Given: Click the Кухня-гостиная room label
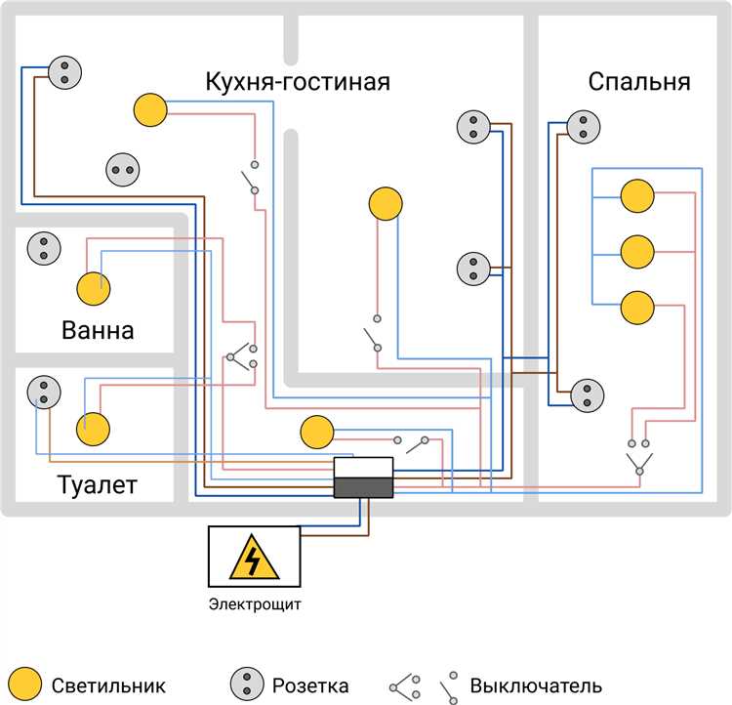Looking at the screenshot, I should pyautogui.click(x=298, y=81).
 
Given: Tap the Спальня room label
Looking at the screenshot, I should pyautogui.click(x=639, y=81).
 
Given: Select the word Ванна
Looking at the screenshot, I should pyautogui.click(x=98, y=330).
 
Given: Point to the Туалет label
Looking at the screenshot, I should pyautogui.click(x=97, y=484).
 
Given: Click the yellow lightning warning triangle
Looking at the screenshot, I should pyautogui.click(x=253, y=558).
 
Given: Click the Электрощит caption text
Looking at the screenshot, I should pyautogui.click(x=255, y=603).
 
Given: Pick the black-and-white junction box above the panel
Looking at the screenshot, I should pyautogui.click(x=363, y=477).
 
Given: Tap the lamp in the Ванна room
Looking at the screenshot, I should pyautogui.click(x=94, y=289).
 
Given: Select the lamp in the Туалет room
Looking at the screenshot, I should pyautogui.click(x=94, y=429).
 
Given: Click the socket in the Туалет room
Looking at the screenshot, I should pyautogui.click(x=44, y=392).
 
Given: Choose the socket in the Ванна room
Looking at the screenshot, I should pyautogui.click(x=43, y=247).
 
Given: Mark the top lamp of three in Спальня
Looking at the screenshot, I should pyautogui.click(x=637, y=196).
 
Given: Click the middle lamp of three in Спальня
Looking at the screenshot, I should pyautogui.click(x=637, y=252).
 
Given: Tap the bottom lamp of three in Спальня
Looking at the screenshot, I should pyautogui.click(x=637, y=308).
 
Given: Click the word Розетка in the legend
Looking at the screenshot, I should pyautogui.click(x=309, y=685).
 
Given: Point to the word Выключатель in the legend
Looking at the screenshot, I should pyautogui.click(x=536, y=685).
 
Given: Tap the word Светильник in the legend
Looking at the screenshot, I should pyautogui.click(x=108, y=685).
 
